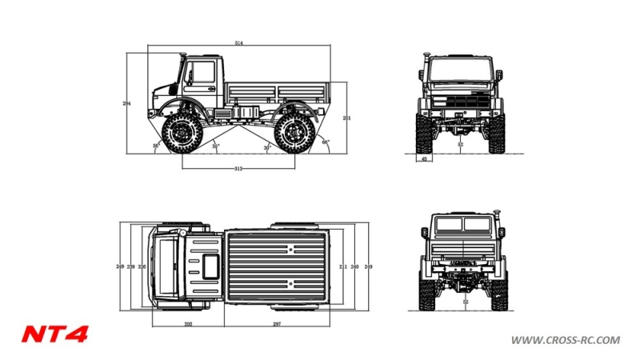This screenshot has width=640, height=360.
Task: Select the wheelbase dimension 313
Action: coord(238,169)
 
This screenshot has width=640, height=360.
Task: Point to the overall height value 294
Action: coord(126,104)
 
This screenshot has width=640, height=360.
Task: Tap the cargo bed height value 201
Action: coord(346,118)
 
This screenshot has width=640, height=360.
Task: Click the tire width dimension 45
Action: coord(424,159)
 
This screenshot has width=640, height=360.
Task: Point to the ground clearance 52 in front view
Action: coord(461,146)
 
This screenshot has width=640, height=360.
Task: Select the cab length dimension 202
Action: coord(187,324)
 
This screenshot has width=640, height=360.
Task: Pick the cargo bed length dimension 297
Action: coord(277,324)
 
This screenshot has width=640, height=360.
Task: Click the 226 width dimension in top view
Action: coord(142,266)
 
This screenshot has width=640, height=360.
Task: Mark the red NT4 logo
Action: coord(54,334)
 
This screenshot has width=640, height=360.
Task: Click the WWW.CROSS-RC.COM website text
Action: coord(565,340)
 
